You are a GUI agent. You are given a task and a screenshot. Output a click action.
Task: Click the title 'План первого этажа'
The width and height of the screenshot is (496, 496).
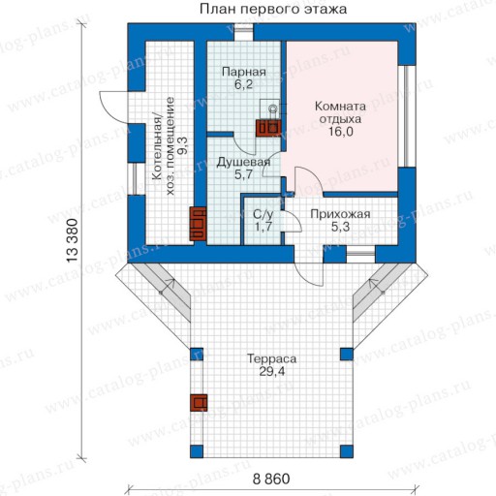[x=273, y=9]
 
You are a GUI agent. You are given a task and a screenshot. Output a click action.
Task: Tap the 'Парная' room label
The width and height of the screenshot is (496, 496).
[x=244, y=72]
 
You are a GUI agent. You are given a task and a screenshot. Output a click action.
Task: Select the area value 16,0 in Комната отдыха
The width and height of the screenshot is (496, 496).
[x=341, y=132]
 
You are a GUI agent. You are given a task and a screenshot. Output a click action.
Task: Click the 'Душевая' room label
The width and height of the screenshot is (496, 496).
[x=243, y=163]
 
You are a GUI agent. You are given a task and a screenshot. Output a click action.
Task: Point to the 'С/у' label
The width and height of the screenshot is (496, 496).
[x=263, y=214]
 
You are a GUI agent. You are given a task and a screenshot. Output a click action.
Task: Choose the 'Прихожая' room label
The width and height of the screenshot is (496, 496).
[x=340, y=214]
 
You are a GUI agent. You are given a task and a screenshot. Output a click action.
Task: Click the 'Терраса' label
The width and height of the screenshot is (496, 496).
[x=271, y=358]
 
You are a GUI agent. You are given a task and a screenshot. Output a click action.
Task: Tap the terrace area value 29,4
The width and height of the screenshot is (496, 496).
[x=272, y=372]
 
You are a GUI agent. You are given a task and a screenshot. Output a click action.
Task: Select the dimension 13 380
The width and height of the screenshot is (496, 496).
[x=73, y=240]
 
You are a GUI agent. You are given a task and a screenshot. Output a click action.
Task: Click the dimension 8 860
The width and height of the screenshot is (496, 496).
[x=271, y=479]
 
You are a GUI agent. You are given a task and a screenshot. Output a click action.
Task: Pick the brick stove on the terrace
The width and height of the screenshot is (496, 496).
[x=199, y=403]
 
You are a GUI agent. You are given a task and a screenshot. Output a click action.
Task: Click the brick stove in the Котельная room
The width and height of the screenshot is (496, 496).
[x=198, y=224]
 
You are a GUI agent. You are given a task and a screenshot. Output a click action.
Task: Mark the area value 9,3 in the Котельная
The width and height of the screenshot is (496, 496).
[x=182, y=145]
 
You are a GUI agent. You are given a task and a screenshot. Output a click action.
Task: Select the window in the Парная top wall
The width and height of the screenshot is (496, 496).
[x=244, y=32]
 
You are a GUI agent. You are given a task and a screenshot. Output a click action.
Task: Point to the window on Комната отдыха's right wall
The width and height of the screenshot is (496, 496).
[x=406, y=116]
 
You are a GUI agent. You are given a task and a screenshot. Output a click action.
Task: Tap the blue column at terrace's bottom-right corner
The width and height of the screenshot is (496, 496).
[x=347, y=451]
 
